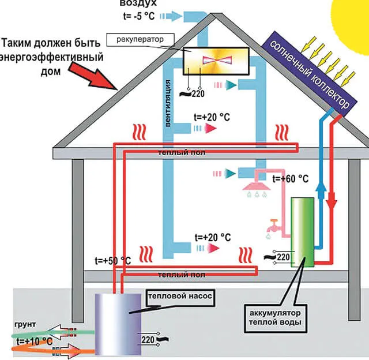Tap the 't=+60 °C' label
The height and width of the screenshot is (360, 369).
pyautogui.click(x=291, y=179)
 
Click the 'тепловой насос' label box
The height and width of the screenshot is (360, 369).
pyautogui.click(x=181, y=296)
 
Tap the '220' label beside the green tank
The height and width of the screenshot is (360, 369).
pyautogui.click(x=283, y=257)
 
